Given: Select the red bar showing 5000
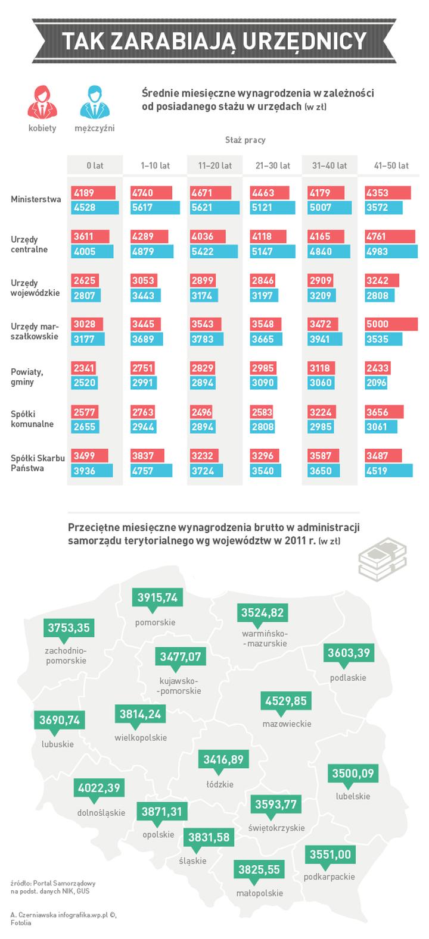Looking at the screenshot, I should pos(391,324).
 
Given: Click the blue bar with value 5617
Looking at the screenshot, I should pos(154,208).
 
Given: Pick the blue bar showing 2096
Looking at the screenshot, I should pos(376,383).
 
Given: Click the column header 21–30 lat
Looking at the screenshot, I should pos(272,165).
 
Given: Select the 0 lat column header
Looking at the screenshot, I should pos(95,165).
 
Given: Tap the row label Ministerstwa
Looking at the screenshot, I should pos(36,199).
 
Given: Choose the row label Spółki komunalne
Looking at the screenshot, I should pos(32,419).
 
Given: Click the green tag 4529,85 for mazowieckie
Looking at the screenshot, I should pos(286,701).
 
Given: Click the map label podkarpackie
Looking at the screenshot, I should pos(329,877).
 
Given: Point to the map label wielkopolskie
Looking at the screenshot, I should pos(141,738).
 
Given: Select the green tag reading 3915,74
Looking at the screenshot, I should pos(157,597).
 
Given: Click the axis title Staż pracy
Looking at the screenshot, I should pos(245,140).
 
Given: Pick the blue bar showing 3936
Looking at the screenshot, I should pos(92,471).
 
